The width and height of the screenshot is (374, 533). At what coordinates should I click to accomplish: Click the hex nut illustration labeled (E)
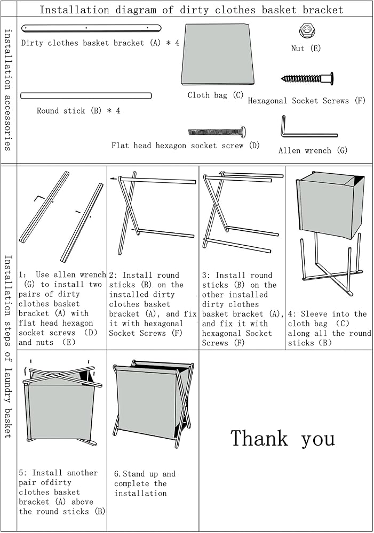click(x=307, y=31)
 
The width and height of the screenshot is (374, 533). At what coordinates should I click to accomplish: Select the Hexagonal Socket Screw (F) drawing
click(x=307, y=79)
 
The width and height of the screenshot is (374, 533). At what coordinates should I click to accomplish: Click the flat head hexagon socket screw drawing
click(x=217, y=131)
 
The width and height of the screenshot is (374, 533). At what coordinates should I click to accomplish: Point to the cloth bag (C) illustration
click(x=218, y=54)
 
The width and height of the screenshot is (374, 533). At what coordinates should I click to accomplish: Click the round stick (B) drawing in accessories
click(x=86, y=96)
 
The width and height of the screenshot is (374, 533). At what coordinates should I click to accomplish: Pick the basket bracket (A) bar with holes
click(x=91, y=28)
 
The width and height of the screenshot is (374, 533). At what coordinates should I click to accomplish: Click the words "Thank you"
click(x=283, y=439)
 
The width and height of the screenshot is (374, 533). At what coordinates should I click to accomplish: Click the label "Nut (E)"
click(x=306, y=49)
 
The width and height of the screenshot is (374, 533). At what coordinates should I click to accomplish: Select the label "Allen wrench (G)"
click(x=313, y=150)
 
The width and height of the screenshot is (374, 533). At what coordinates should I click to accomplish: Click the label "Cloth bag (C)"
click(x=216, y=95)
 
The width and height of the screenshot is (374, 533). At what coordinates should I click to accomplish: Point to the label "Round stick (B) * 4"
click(x=78, y=111)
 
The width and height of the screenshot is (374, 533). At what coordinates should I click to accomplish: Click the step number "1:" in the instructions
click(x=22, y=274)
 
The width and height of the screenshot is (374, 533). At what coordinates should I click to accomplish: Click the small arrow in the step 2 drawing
click(x=114, y=178)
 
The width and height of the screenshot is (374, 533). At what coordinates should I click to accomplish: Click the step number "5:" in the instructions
click(x=22, y=473)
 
